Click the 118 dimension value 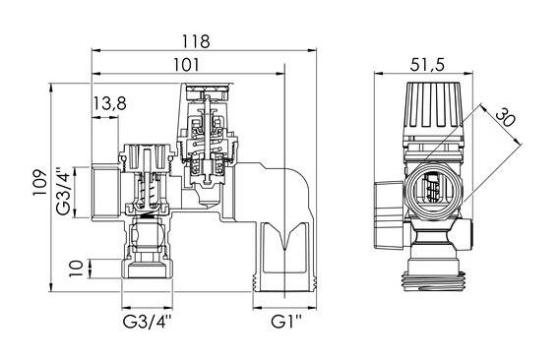tap(196, 41)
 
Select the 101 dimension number tap(186, 65)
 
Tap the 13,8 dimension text tap(109, 103)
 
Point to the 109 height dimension tap(39, 182)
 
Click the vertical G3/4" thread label tap(63, 192)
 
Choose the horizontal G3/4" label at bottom tap(147, 322)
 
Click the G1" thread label tap(286, 322)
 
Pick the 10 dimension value tap(76, 269)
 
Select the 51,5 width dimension tap(427, 65)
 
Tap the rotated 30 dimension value tap(505, 118)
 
